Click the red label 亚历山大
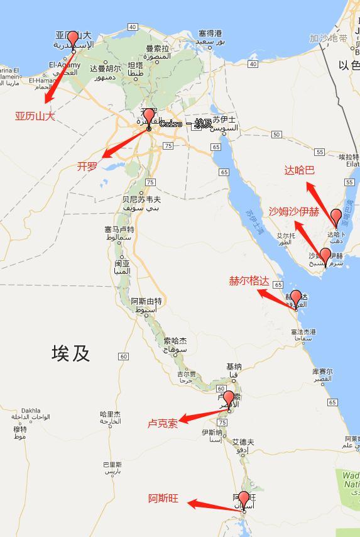coord(35,116)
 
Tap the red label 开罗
coord(87,167)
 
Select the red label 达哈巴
coord(299,170)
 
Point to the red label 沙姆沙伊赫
coord(294,211)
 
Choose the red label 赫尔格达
coord(249,281)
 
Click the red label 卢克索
coord(163,423)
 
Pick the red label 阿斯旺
coord(163,499)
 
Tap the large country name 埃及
coord(70,353)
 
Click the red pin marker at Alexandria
coord(73,40)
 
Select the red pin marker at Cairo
coord(149,117)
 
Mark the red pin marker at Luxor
coord(229,399)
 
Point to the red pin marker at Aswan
coord(244,500)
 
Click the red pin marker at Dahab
coord(337,217)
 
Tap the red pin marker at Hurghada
coord(296,298)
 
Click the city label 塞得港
coord(210,33)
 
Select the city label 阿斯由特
coord(146,301)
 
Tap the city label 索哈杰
coord(175,341)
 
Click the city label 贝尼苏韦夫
coord(137,199)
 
